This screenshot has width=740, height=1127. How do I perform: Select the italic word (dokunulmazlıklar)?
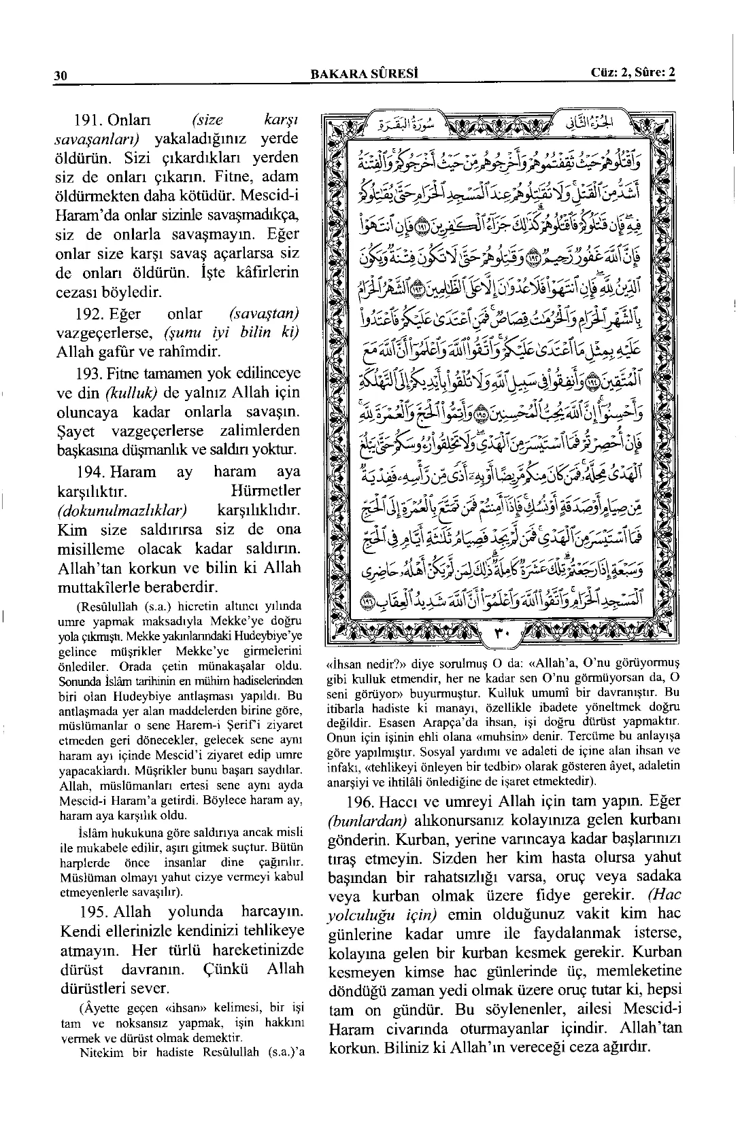coord(122,510)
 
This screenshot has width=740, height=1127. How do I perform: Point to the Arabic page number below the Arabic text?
coord(500,636)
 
